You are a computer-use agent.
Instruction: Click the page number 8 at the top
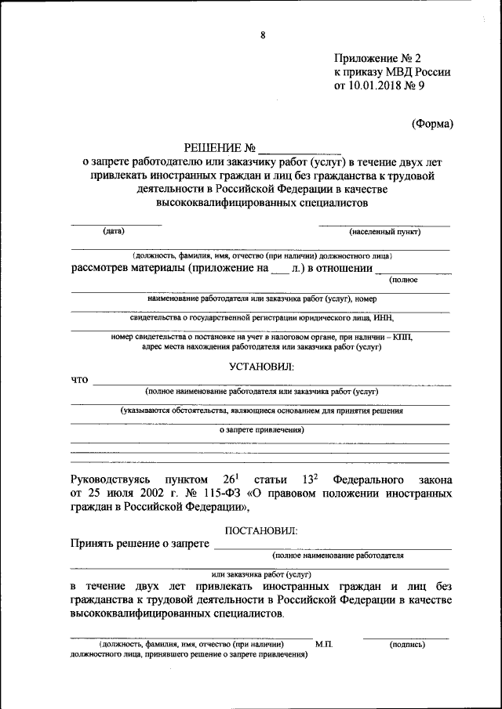pyautogui.click(x=263, y=34)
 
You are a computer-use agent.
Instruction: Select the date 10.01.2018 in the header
pyautogui.click(x=374, y=87)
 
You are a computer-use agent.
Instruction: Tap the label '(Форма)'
pyautogui.click(x=432, y=123)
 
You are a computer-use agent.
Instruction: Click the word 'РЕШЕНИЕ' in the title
pyautogui.click(x=209, y=147)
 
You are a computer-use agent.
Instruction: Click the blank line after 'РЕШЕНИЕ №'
pyautogui.click(x=299, y=149)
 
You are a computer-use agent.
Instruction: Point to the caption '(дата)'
pyautogui.click(x=115, y=231)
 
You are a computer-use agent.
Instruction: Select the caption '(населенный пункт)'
pyautogui.click(x=385, y=232)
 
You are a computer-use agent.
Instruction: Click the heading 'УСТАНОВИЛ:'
pyautogui.click(x=260, y=366)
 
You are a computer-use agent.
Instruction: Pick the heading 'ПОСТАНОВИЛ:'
pyautogui.click(x=260, y=530)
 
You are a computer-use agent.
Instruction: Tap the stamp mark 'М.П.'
pyautogui.click(x=324, y=644)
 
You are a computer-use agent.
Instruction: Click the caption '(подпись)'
pyautogui.click(x=407, y=644)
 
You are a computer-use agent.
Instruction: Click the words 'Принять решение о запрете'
pyautogui.click(x=139, y=544)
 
